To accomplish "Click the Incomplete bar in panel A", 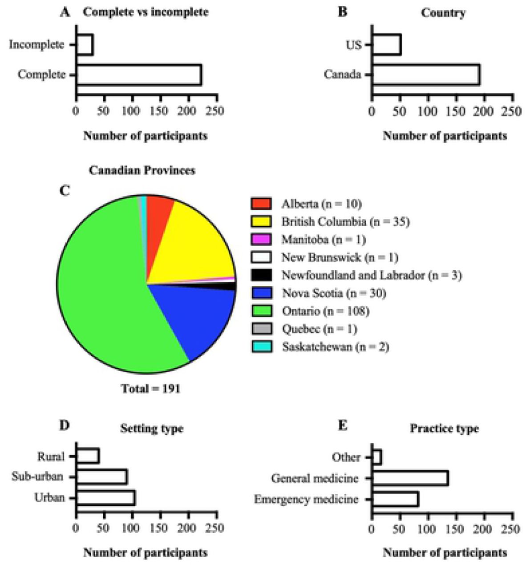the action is pyautogui.click(x=85, y=45).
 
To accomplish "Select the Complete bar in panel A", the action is pyautogui.click(x=139, y=75).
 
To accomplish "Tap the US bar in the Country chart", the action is pyautogui.click(x=387, y=45).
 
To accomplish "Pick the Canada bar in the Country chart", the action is pyautogui.click(x=426, y=75).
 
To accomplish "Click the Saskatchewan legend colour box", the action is pyautogui.click(x=261, y=347).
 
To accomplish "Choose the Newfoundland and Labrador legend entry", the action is pyautogui.click(x=356, y=275).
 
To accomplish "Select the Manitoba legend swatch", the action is pyautogui.click(x=261, y=240).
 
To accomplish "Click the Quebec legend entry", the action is pyautogui.click(x=304, y=329).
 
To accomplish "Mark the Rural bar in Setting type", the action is pyautogui.click(x=88, y=457).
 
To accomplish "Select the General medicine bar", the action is pyautogui.click(x=410, y=478).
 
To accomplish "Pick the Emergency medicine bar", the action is pyautogui.click(x=396, y=499).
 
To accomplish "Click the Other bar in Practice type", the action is pyautogui.click(x=377, y=457).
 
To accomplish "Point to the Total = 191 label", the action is pyautogui.click(x=151, y=389).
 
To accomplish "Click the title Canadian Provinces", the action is pyautogui.click(x=142, y=170).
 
